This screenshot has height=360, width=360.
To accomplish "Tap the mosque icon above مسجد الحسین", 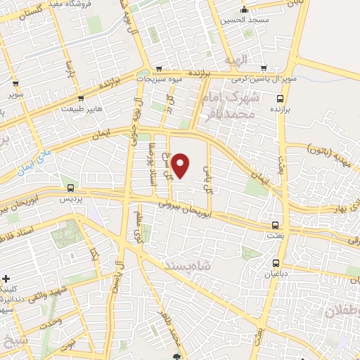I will (x=244, y=10).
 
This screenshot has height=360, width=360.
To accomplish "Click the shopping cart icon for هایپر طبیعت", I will (x=82, y=99).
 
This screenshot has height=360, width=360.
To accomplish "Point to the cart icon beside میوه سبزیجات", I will (x=160, y=68).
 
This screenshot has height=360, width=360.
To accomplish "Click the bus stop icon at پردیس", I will (x=70, y=188).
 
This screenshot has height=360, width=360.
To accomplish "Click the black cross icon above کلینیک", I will (x=6, y=279).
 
